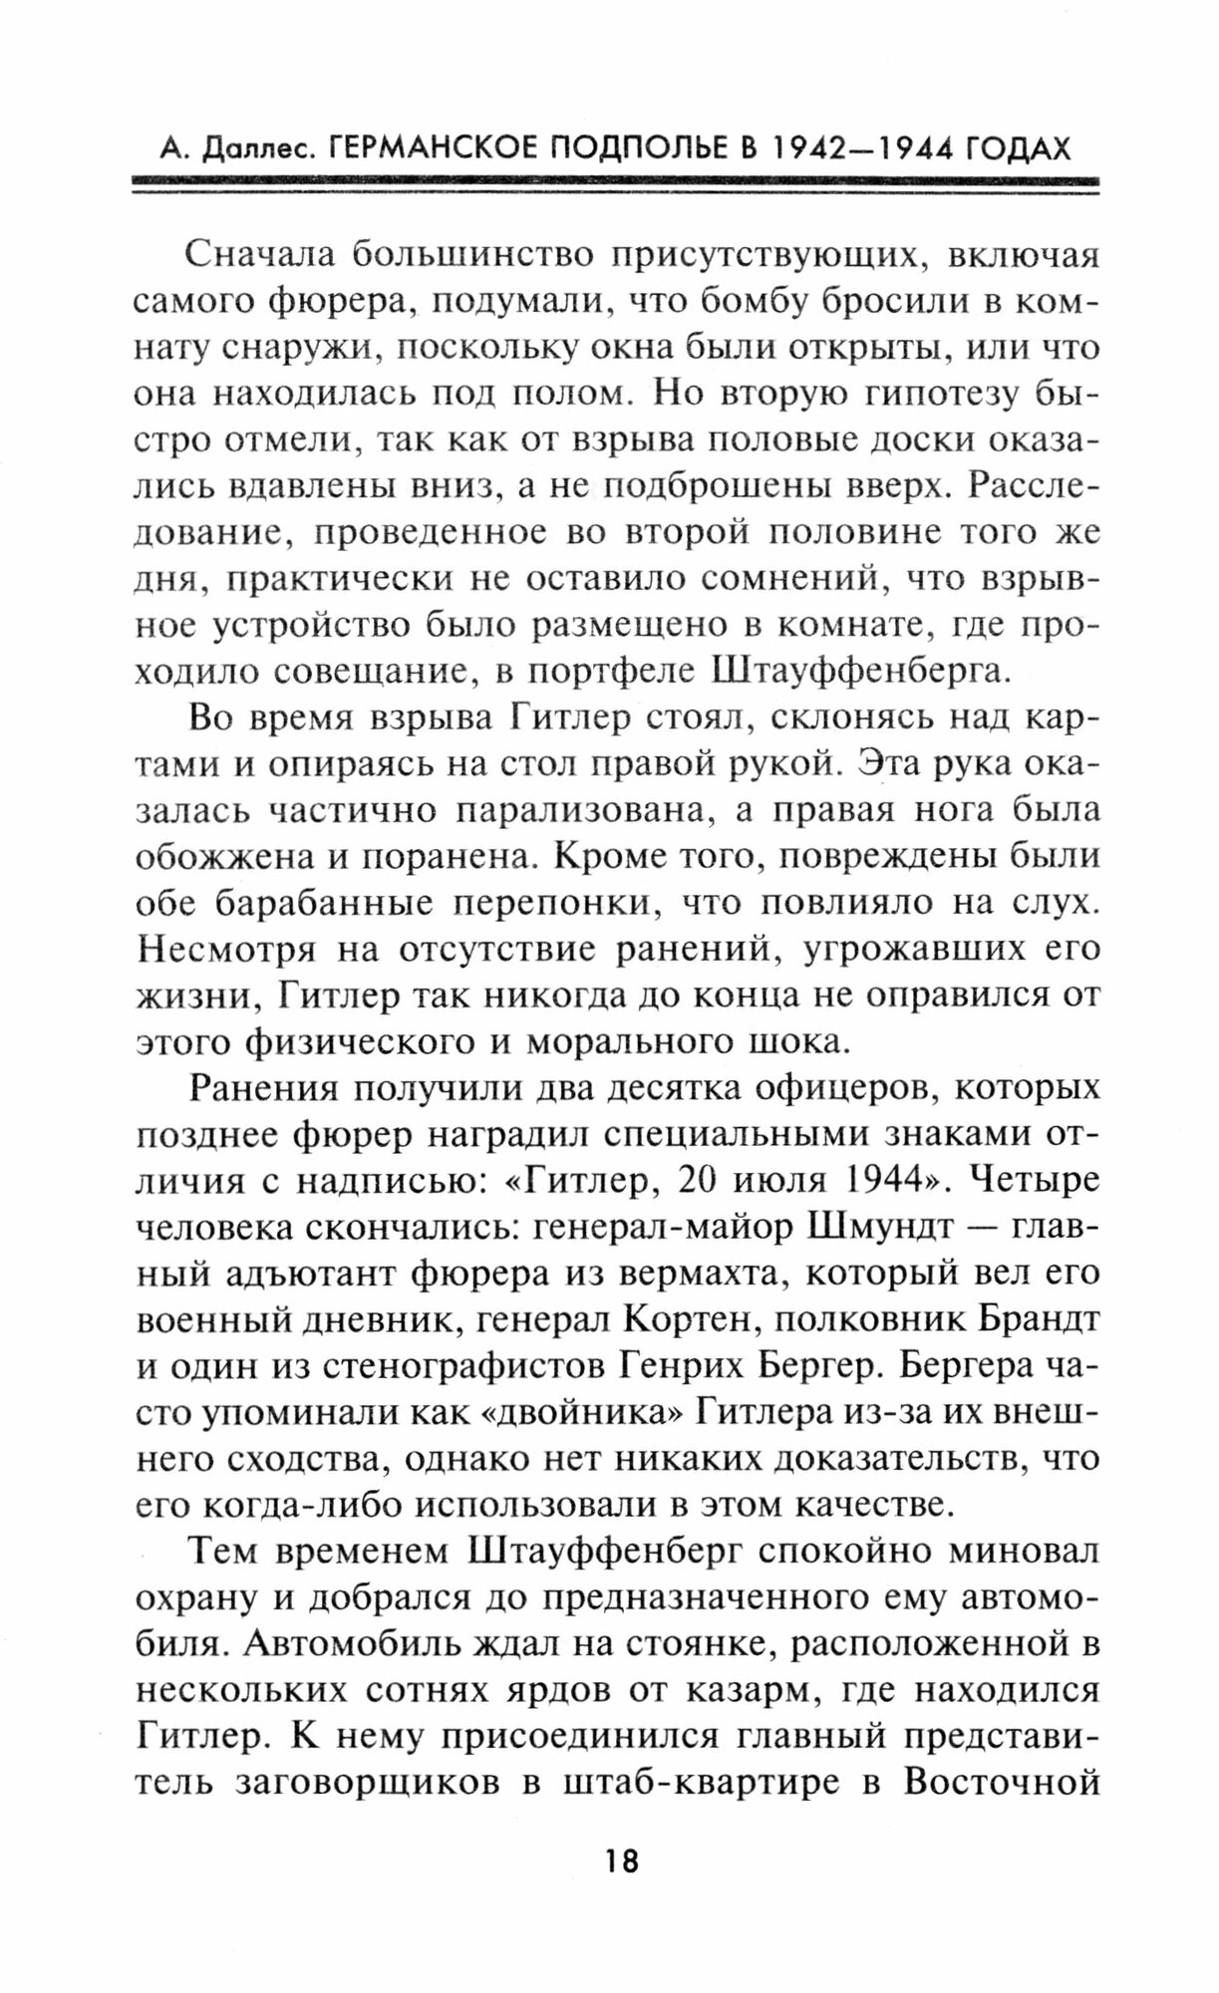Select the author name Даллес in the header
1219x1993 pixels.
[x=253, y=149]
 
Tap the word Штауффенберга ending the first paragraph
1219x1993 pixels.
[x=857, y=670]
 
